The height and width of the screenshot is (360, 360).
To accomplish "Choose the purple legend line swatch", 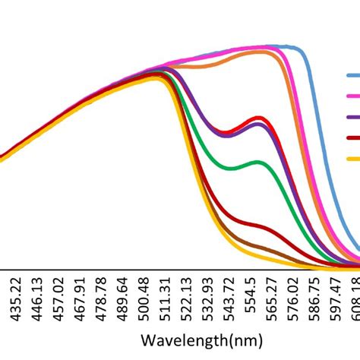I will tap(353, 117).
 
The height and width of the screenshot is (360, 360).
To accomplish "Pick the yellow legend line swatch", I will tap(353, 158).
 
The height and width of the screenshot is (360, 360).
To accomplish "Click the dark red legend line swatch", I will tap(353, 137).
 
